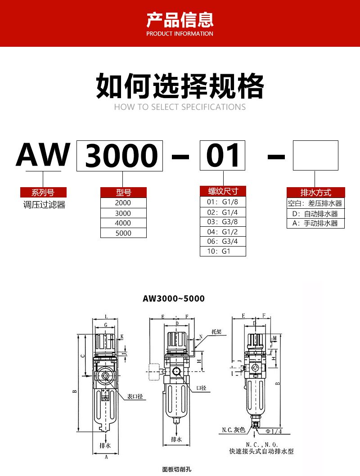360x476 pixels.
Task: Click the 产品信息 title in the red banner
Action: click(x=180, y=20)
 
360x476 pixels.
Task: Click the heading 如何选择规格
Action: click(x=180, y=86)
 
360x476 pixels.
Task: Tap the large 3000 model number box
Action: click(x=120, y=156)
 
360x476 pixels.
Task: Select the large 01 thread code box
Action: click(x=223, y=156)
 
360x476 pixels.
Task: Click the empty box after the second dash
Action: click(x=315, y=155)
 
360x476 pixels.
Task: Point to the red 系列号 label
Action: click(x=43, y=193)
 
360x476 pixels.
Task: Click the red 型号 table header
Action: click(x=123, y=193)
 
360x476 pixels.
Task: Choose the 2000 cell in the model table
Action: click(x=123, y=203)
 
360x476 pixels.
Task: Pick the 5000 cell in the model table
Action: click(x=123, y=233)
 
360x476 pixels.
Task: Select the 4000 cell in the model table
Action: click(x=123, y=223)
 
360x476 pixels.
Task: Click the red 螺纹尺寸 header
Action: click(x=223, y=191)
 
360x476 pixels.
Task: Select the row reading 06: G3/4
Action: click(x=223, y=241)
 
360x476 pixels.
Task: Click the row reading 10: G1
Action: click(x=223, y=251)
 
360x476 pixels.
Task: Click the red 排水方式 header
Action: click(x=316, y=193)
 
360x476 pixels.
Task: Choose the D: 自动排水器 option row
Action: click(x=316, y=214)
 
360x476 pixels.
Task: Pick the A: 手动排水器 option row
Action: click(x=316, y=223)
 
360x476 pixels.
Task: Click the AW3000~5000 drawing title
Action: click(x=174, y=299)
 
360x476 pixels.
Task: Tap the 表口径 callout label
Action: click(x=135, y=396)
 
